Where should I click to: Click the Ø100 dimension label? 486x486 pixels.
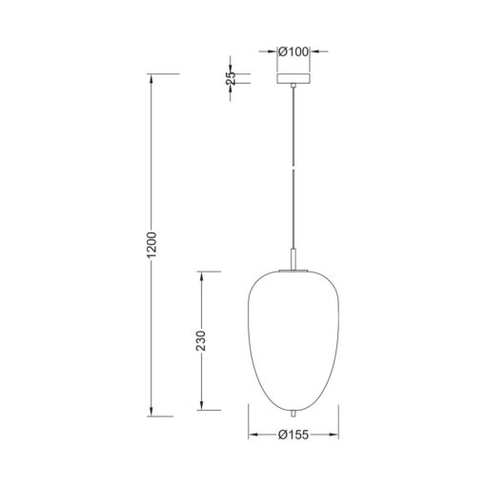294,51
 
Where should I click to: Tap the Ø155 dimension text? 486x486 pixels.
294,435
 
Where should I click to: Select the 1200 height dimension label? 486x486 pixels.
152,245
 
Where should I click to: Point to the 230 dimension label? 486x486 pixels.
201,341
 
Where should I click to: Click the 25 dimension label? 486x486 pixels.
231,78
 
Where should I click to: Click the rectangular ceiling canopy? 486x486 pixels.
294,78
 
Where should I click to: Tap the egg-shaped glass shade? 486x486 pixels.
294,341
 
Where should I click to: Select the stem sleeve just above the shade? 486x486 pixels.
294,259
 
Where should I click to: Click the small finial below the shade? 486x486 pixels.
294,415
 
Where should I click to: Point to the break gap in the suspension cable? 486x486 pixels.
294,168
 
